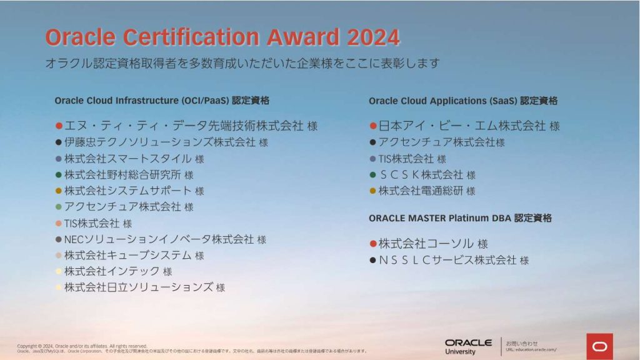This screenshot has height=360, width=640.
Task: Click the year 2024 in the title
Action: click(373, 37)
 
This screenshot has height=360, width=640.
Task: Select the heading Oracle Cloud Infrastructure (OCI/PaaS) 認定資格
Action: click(162, 101)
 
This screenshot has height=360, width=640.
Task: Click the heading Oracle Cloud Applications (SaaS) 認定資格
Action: click(462, 101)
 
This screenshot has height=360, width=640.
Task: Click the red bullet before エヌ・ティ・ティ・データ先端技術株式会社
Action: click(59, 126)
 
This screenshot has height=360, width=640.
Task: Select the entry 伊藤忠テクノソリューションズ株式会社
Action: click(160, 142)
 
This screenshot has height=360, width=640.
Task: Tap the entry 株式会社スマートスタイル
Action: click(128, 159)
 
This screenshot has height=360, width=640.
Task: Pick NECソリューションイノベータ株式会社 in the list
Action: click(159, 239)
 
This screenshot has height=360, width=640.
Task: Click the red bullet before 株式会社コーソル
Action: click(372, 244)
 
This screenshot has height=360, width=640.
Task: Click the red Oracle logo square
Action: click(599, 346)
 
